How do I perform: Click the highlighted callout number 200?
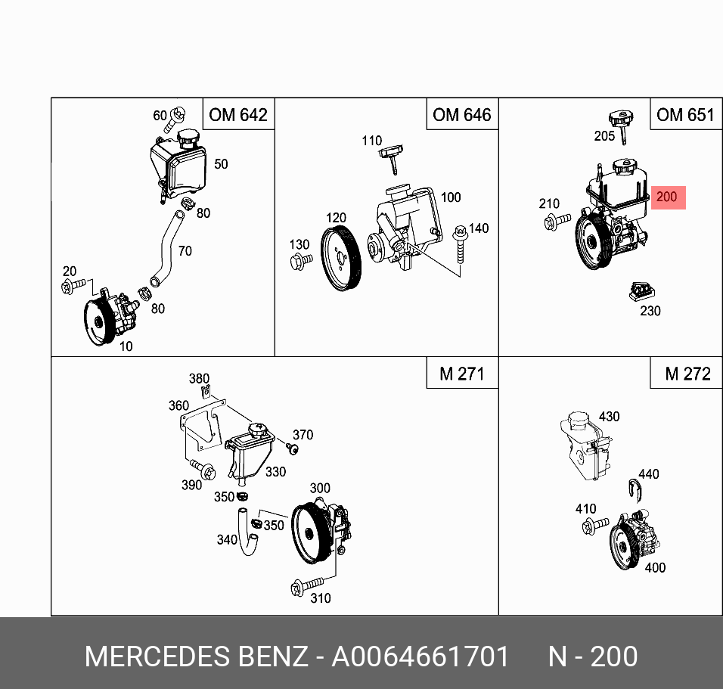point(667,197)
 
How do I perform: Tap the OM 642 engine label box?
point(238,115)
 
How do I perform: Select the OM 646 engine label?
point(461,115)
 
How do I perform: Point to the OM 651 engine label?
point(685,115)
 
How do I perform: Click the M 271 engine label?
point(461,374)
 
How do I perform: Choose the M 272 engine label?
point(687,374)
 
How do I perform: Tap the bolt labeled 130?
point(300,262)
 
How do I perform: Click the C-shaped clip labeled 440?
point(636,491)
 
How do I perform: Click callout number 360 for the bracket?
point(178,405)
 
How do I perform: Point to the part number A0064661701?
point(420,656)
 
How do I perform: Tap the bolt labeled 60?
point(178,116)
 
